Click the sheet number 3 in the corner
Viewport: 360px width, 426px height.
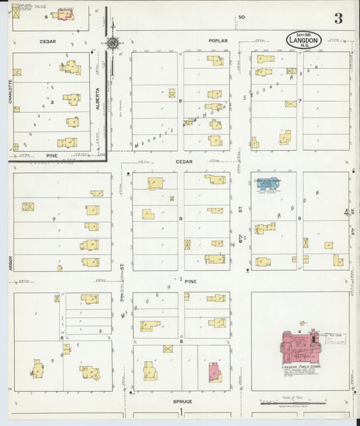[x=338, y=19]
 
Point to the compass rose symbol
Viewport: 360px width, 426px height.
[x=112, y=43]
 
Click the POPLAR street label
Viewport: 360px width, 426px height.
[x=218, y=41]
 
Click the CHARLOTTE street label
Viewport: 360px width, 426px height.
[x=10, y=91]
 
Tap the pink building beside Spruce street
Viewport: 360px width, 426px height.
[x=215, y=372]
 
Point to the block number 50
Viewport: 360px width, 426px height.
[x=241, y=17]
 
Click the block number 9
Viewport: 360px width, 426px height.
[x=299, y=218]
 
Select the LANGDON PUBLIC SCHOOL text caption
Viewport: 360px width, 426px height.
[x=301, y=367]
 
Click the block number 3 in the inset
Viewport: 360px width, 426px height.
[x=52, y=103]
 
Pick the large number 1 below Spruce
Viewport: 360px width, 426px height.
[x=180, y=412]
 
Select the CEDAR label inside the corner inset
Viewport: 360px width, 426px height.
[x=47, y=41]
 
